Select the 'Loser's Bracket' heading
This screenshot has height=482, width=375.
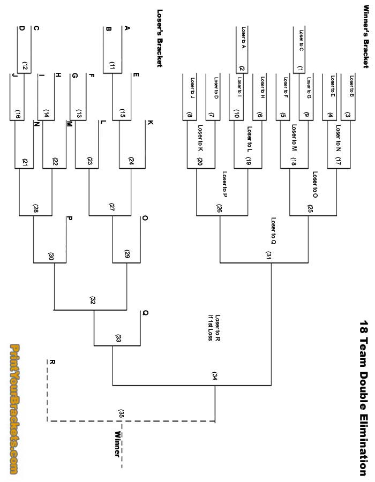[x=159, y=38]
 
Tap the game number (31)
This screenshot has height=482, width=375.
[x=268, y=255]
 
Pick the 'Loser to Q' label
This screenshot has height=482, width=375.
[x=273, y=231]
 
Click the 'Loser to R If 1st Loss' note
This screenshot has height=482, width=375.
[x=216, y=328]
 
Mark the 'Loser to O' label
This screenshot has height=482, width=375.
[x=315, y=184]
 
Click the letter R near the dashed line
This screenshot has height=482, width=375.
[x=52, y=361]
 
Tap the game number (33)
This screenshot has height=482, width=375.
[x=118, y=338]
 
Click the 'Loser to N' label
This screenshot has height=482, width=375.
[x=339, y=136]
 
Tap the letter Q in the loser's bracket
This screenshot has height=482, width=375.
[x=145, y=313]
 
